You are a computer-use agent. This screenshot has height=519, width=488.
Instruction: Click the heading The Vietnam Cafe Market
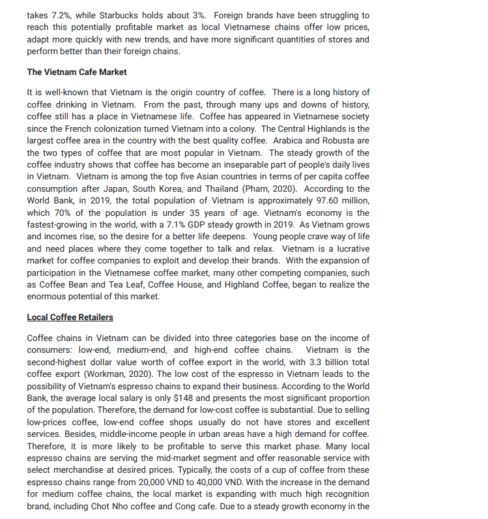coord(77,72)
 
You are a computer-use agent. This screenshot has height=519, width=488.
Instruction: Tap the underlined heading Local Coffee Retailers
coord(70,317)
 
